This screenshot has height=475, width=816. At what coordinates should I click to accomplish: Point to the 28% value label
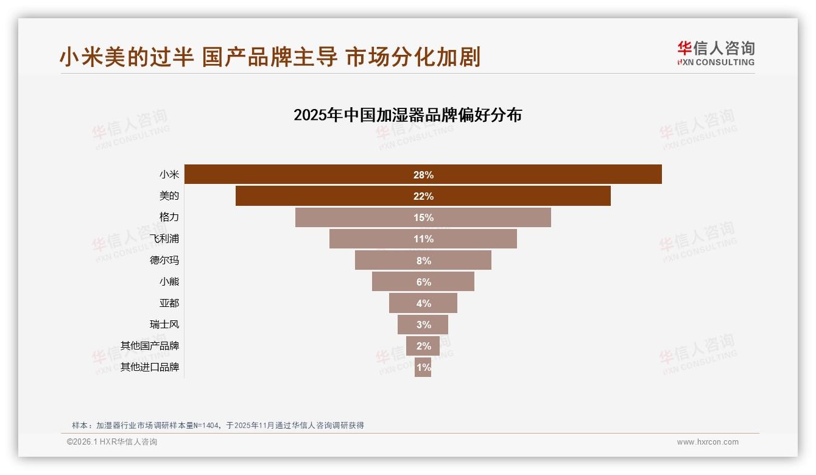(423, 175)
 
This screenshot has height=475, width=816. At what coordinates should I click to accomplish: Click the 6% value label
(423, 282)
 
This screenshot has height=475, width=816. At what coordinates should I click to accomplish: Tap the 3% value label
(423, 325)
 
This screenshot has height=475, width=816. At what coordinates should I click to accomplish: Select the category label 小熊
(169, 281)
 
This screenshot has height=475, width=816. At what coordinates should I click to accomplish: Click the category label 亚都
(169, 303)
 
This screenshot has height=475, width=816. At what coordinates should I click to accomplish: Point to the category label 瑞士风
(164, 325)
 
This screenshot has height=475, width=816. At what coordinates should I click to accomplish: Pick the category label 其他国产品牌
(150, 346)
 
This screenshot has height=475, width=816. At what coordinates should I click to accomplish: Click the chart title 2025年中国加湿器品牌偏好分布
(407, 115)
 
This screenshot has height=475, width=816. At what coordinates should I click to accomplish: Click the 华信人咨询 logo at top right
(716, 54)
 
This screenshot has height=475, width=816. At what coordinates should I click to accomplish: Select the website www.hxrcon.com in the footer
(708, 442)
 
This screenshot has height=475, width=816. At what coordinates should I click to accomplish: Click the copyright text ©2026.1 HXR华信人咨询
(112, 442)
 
